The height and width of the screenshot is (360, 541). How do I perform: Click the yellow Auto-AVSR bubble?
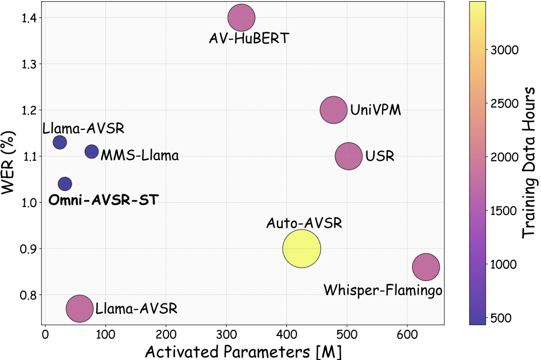[x=302, y=249]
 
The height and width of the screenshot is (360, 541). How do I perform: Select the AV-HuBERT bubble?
[x=241, y=17]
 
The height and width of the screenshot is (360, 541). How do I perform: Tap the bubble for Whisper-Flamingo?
[x=426, y=267]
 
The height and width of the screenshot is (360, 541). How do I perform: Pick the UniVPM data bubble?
[x=334, y=110]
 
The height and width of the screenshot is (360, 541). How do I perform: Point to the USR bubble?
[x=349, y=156]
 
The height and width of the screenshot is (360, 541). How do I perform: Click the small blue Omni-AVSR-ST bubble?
[x=65, y=184]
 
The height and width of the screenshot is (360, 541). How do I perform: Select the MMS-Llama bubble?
[x=91, y=151]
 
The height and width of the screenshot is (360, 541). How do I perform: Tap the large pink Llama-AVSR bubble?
[x=79, y=308]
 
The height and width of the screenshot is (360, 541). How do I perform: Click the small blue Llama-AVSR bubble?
[x=59, y=142]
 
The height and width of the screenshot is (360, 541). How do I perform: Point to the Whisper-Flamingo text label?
[x=383, y=290]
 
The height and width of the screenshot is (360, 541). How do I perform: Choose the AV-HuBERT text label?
[x=241, y=39]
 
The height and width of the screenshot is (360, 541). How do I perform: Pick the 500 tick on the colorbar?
[x=502, y=317]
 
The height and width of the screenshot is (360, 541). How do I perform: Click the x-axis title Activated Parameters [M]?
[x=243, y=350]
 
